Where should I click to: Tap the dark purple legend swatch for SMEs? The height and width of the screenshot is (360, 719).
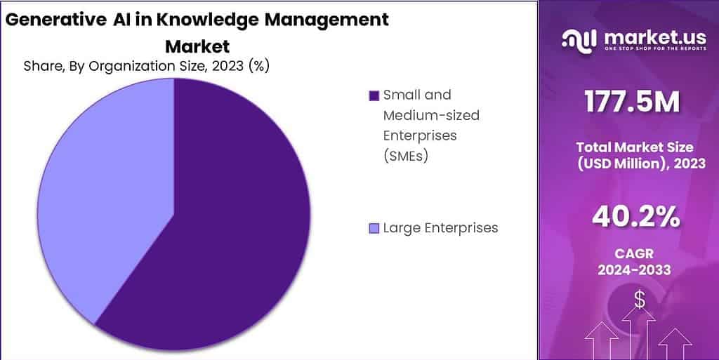[x=374, y=95]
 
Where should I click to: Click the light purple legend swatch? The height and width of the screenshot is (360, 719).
[x=374, y=228]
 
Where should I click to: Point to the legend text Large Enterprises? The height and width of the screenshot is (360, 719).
[x=440, y=228]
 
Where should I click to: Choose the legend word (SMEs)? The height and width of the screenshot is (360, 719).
[x=406, y=155]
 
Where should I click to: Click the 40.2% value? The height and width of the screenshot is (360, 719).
[x=635, y=218]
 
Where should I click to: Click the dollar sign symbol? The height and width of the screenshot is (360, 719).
[x=639, y=300]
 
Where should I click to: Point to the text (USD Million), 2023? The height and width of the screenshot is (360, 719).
[x=635, y=164]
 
